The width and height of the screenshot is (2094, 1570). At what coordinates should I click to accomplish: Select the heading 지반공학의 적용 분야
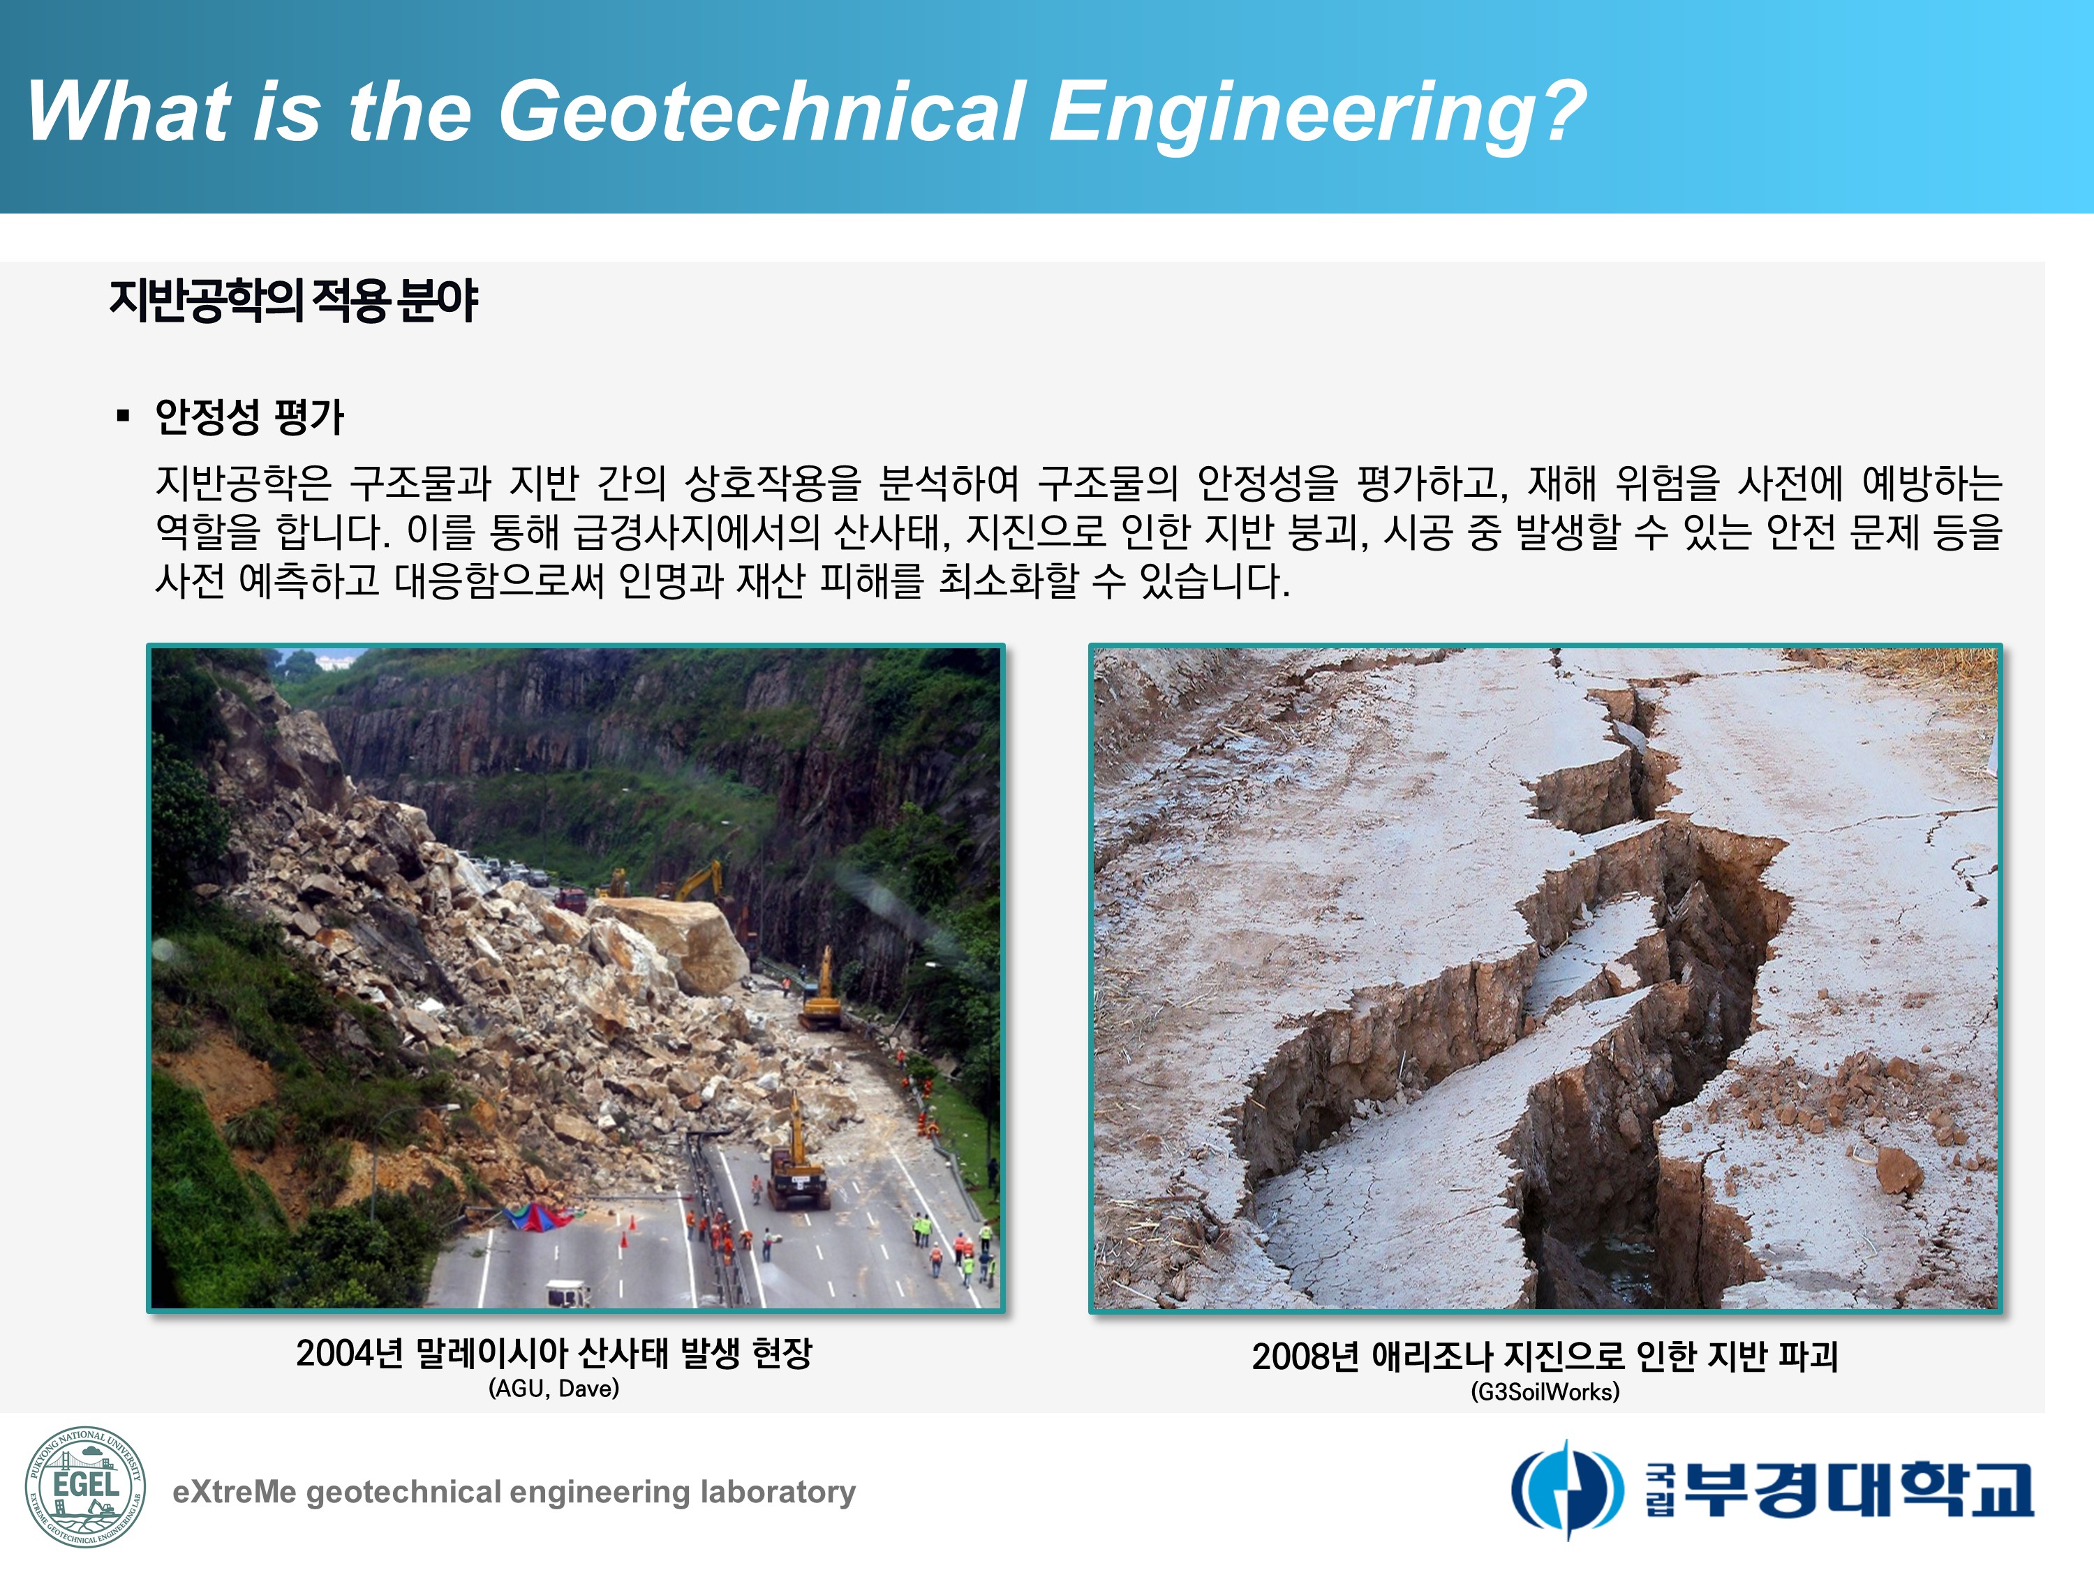click(293, 301)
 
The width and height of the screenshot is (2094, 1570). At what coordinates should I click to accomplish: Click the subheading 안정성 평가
click(249, 417)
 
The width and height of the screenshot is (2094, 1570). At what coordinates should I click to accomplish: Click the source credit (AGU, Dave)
click(554, 1389)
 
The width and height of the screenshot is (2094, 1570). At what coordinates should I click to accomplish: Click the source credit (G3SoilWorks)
click(1545, 1392)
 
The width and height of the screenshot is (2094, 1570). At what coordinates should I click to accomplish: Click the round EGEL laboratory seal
click(85, 1488)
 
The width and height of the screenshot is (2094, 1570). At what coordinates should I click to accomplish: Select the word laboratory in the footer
click(777, 1493)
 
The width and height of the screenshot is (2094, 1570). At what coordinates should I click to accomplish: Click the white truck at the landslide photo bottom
click(569, 1293)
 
